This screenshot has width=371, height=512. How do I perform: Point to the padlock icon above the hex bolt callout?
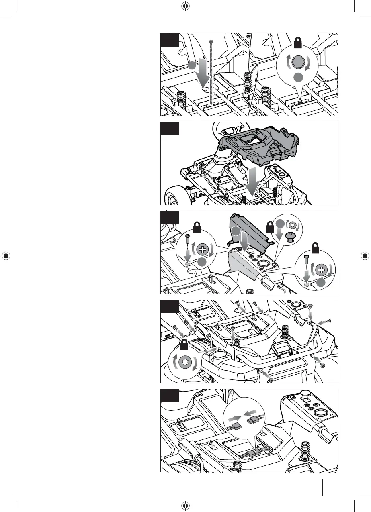pyautogui.click(x=298, y=42)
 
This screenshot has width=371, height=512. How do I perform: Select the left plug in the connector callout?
pyautogui.click(x=236, y=427)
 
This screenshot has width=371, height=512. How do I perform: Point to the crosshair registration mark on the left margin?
pyautogui.click(x=6, y=256)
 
